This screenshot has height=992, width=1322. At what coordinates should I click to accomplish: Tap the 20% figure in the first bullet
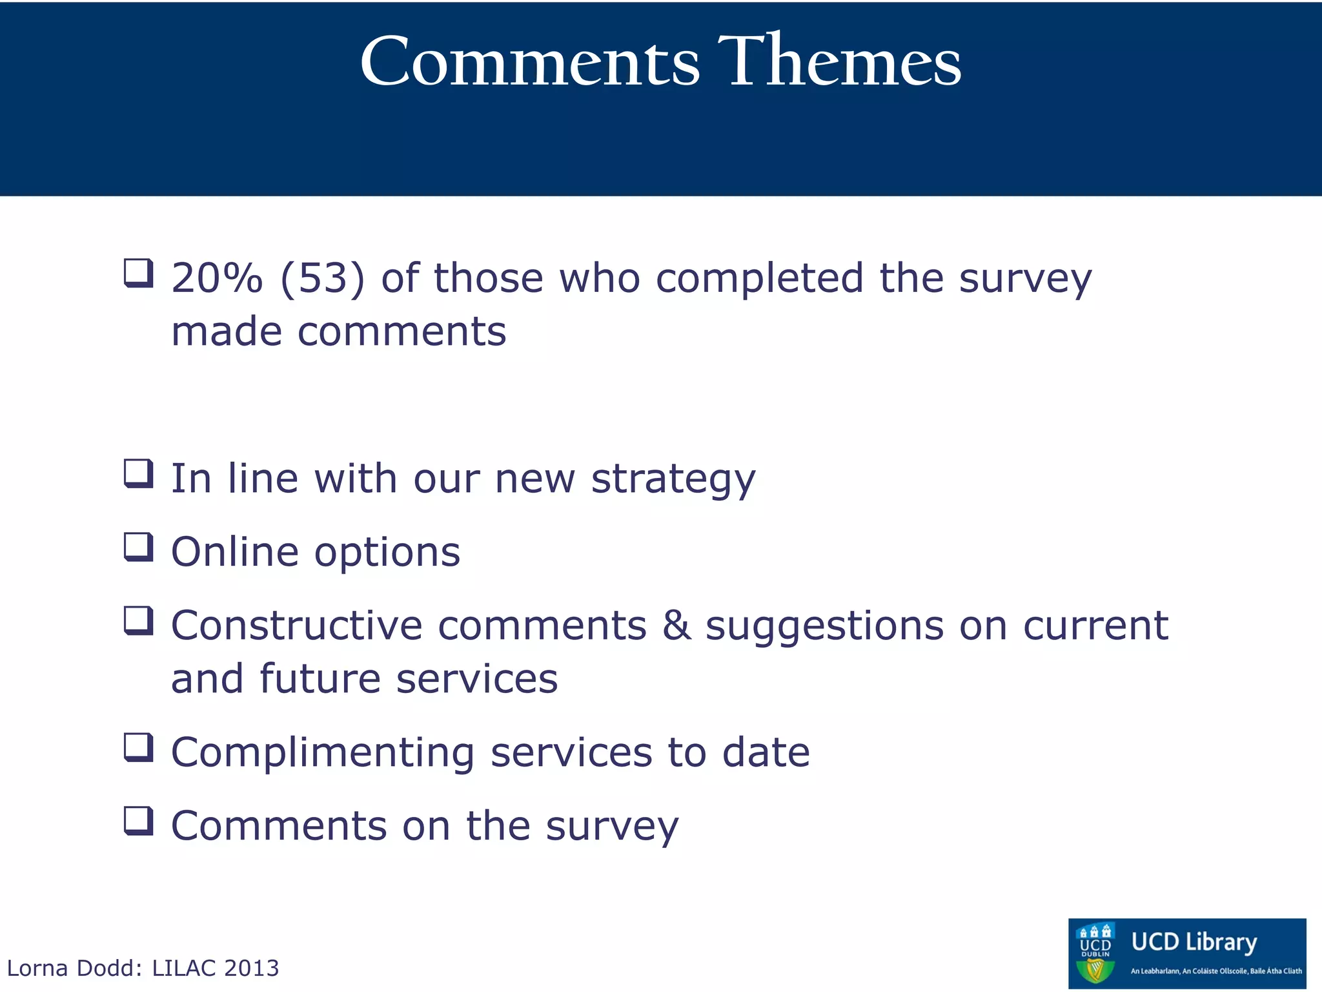point(217,279)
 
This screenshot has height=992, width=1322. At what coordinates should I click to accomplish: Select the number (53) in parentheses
point(323,279)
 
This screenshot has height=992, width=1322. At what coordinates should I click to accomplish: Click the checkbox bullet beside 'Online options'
point(139,547)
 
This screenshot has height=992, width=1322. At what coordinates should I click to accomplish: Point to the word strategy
point(673,480)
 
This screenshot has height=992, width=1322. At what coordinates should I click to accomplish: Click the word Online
point(235,553)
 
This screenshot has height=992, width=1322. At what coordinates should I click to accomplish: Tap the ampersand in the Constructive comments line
point(676,625)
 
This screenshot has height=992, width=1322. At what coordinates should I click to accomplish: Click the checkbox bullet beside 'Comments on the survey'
point(139,821)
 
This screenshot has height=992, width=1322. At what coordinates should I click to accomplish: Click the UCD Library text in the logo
point(1194,942)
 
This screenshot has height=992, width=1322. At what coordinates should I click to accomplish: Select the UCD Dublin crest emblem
point(1095,953)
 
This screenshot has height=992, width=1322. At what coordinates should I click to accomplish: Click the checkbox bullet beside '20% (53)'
point(139,273)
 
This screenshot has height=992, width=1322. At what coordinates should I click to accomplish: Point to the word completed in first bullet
point(759,279)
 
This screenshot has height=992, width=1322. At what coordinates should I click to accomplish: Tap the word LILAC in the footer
point(184,968)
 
